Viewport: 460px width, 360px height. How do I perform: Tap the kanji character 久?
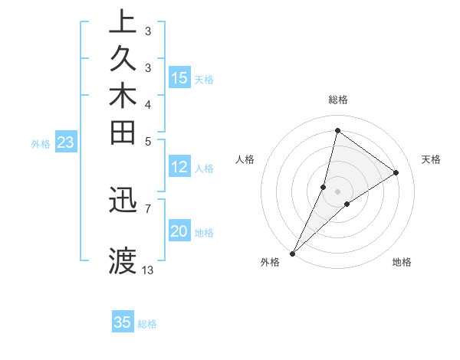coord(123,60)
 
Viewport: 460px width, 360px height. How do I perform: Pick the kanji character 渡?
coord(123,260)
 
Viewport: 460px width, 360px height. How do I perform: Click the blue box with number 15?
coord(179,77)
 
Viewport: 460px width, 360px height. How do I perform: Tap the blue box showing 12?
coord(179,167)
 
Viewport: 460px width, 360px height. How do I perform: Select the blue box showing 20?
coord(179,231)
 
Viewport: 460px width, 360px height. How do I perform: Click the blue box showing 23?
coord(66,142)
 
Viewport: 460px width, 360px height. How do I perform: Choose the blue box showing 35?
coord(123,322)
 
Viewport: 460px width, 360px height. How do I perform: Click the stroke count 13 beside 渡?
coord(148,270)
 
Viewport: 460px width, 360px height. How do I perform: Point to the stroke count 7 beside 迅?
coord(148,208)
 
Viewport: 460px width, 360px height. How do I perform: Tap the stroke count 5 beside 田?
coord(148,141)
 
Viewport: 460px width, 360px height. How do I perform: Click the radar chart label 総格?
coord(338,100)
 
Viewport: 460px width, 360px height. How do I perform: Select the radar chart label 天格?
coord(431,159)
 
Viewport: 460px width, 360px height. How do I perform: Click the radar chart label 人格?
coord(245,159)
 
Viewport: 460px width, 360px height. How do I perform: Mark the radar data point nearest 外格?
coord(293,253)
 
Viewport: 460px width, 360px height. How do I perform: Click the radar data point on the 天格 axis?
coord(396,172)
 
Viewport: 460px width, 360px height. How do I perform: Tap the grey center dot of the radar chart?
coord(338,191)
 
